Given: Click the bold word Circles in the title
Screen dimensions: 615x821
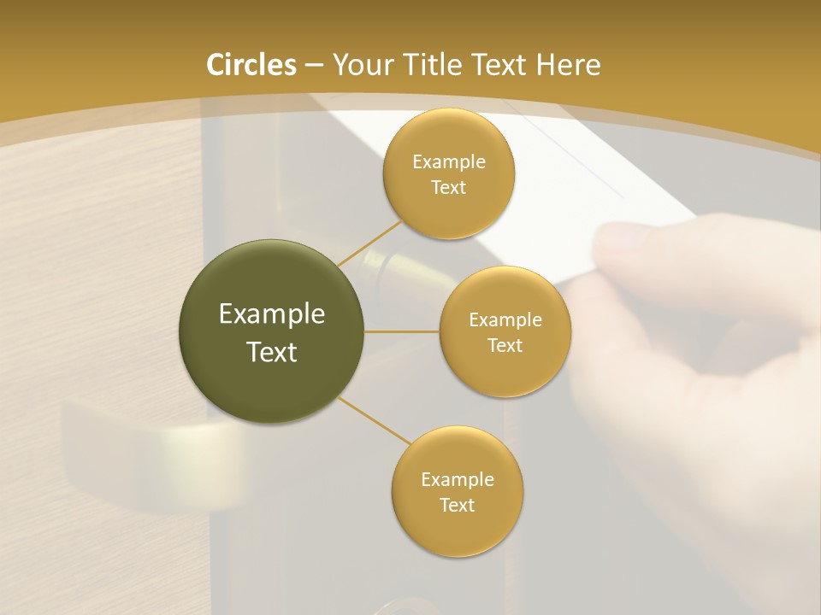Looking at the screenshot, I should pyautogui.click(x=251, y=65).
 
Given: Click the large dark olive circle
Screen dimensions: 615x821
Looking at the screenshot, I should pyautogui.click(x=272, y=331).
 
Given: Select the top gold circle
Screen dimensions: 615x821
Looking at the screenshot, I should pyautogui.click(x=448, y=174).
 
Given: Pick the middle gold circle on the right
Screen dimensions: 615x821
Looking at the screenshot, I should pyautogui.click(x=505, y=331).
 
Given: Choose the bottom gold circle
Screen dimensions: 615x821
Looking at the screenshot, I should pyautogui.click(x=457, y=492).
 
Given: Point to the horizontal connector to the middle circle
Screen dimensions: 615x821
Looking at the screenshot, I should pyautogui.click(x=402, y=331).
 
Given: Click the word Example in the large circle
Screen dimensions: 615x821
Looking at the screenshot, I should pyautogui.click(x=272, y=314).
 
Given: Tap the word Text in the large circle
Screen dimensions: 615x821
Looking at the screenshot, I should pyautogui.click(x=272, y=352).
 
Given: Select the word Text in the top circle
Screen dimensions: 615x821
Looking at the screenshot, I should pyautogui.click(x=448, y=188).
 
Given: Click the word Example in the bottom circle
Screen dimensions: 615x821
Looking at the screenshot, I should pyautogui.click(x=457, y=479).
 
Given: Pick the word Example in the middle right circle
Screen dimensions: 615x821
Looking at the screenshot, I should pyautogui.click(x=505, y=320).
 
